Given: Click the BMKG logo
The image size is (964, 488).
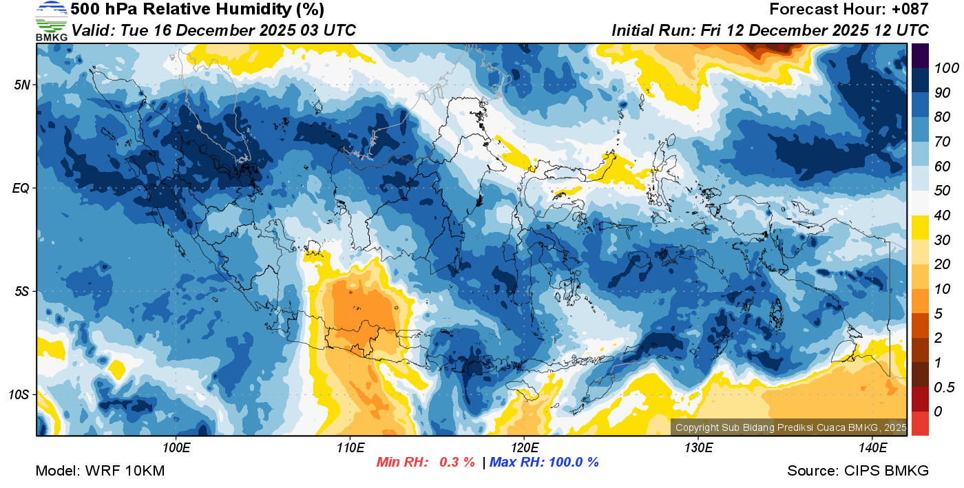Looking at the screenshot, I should point(51,21).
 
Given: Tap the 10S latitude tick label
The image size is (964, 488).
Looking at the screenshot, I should point(19,394).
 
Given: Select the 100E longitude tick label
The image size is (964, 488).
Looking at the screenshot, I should point(176,448).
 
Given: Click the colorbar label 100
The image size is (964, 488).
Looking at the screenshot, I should point(941,68).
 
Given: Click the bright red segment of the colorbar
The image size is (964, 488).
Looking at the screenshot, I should point(920,423).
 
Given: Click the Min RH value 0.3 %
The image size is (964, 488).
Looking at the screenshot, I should point(457,462).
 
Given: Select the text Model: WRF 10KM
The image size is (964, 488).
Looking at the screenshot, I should point(100,471).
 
